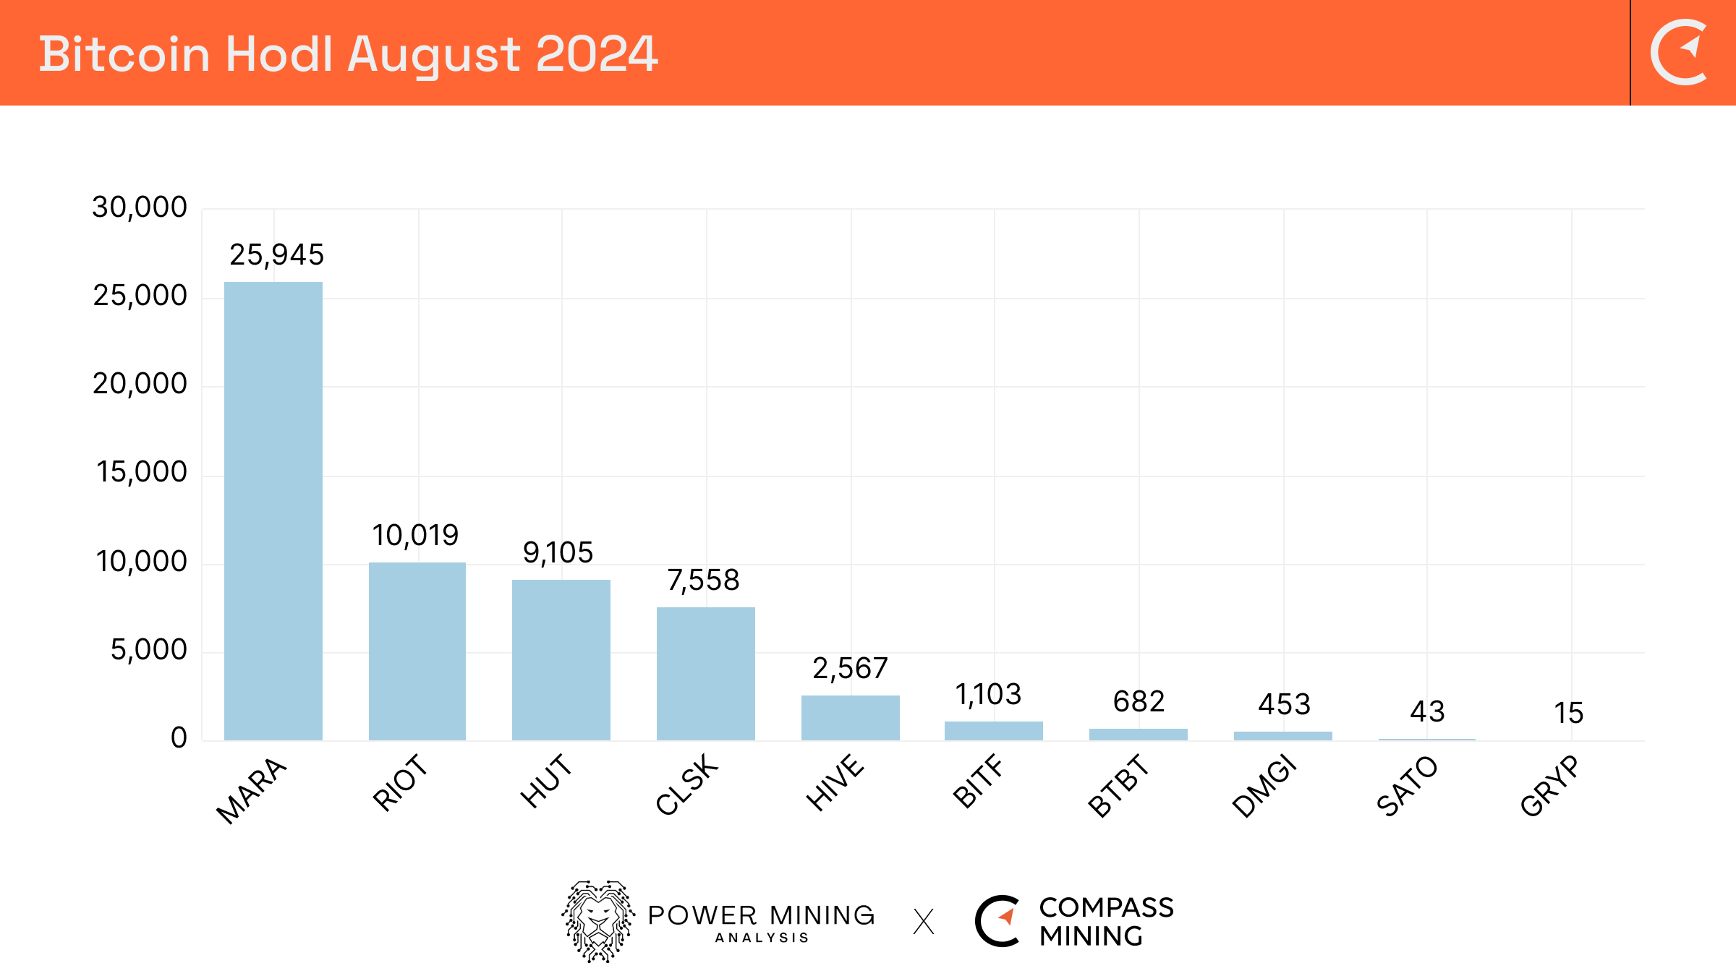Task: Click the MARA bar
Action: pos(273,510)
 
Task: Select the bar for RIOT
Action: pos(417,651)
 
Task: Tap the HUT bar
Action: pos(561,659)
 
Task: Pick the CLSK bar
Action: pos(706,673)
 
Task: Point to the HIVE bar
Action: pos(851,717)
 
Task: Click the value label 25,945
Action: pos(276,254)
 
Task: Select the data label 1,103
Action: pos(988,695)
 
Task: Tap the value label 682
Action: pos(1139,701)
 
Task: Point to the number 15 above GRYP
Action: pos(1569,713)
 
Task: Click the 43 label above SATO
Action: pos(1427,711)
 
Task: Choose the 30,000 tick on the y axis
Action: pos(140,207)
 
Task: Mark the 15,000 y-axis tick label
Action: pos(142,472)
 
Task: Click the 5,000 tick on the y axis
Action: pos(148,650)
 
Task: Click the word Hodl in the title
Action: pos(279,54)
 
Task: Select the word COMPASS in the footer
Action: pos(1106,907)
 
